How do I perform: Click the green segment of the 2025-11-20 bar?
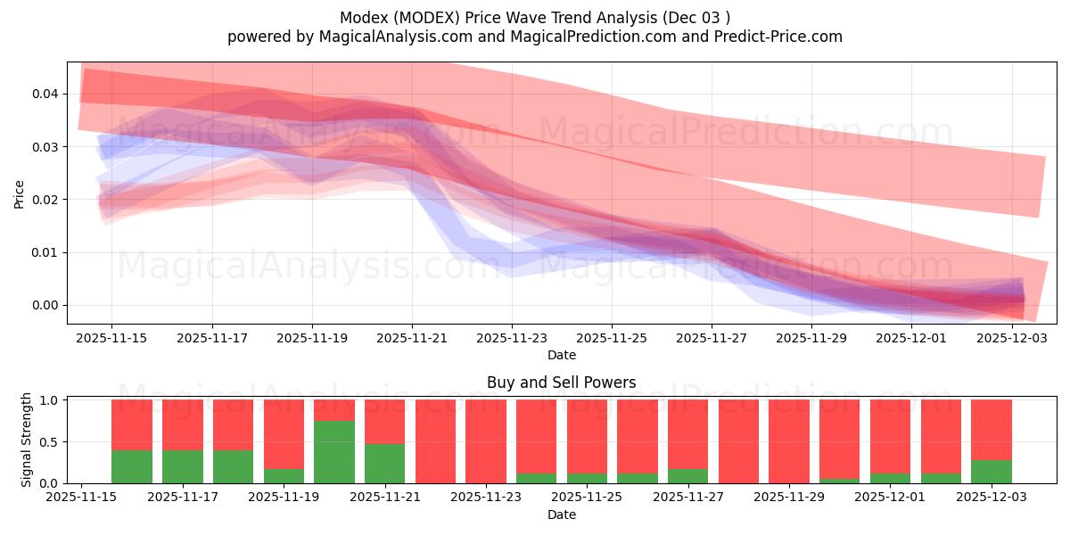pyautogui.click(x=334, y=452)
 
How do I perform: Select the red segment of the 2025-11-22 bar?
pyautogui.click(x=435, y=441)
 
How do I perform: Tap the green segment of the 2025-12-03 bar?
pyautogui.click(x=991, y=472)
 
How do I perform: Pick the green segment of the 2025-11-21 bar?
pyautogui.click(x=384, y=464)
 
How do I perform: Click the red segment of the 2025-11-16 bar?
pyautogui.click(x=132, y=424)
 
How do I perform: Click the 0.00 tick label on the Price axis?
pyautogui.click(x=45, y=306)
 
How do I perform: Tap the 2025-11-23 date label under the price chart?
pyautogui.click(x=512, y=339)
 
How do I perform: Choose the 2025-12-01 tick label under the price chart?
pyautogui.click(x=911, y=339)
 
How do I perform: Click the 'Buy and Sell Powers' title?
pyautogui.click(x=561, y=383)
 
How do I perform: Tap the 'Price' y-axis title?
pyautogui.click(x=20, y=193)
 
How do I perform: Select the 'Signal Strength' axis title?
pyautogui.click(x=27, y=440)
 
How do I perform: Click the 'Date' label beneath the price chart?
pyautogui.click(x=561, y=355)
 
